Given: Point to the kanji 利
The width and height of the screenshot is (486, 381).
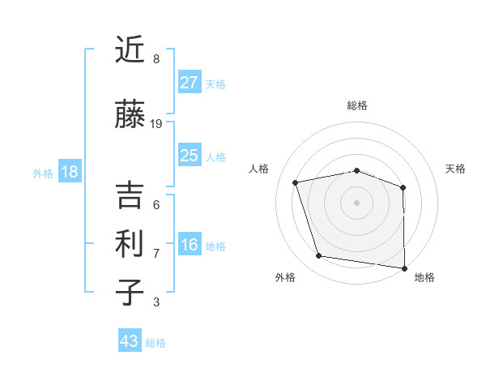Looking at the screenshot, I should (129, 242).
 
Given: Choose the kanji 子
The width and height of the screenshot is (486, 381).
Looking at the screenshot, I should (129, 292).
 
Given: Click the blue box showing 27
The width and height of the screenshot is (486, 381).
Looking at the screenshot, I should (189, 82).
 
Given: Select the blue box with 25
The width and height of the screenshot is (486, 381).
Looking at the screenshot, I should (189, 156).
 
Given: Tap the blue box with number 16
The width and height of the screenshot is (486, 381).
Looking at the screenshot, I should (189, 245).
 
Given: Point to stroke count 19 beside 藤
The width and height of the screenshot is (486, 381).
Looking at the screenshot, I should (156, 124).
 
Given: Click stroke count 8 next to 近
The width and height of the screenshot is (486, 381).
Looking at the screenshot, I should (156, 59).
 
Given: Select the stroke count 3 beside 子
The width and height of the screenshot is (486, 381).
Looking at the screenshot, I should (156, 302).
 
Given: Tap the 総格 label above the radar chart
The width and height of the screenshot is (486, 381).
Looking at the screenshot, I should (357, 105).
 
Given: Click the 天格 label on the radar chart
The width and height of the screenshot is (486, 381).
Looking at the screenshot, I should (455, 169).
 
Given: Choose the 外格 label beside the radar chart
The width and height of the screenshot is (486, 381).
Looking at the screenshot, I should (284, 277).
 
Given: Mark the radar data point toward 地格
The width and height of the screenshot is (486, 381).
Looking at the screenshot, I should (404, 268).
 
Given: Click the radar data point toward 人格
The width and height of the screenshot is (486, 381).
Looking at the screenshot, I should (296, 182).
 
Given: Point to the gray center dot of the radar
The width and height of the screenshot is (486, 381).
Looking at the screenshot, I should (357, 202).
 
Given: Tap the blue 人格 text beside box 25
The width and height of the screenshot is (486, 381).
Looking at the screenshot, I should (215, 156).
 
